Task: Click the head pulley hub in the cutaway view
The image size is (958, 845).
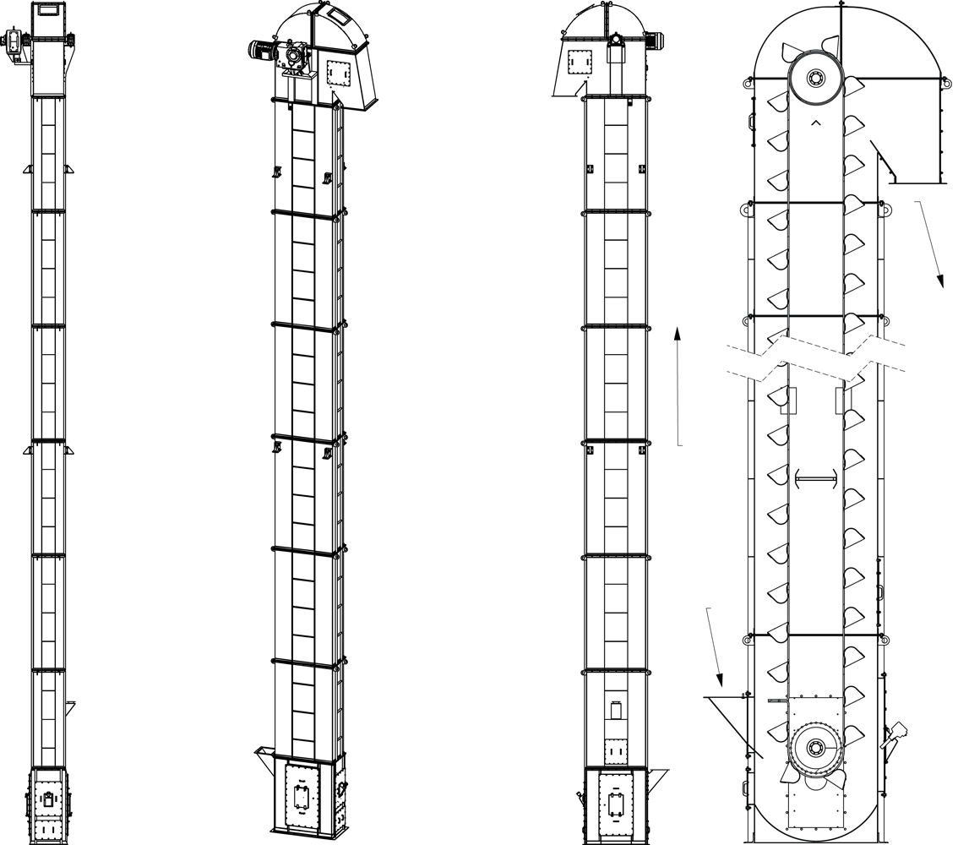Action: [816, 79]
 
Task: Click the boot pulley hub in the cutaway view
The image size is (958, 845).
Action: [816, 747]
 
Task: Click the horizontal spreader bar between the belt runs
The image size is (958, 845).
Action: [816, 479]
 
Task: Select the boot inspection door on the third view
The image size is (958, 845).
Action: [616, 803]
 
